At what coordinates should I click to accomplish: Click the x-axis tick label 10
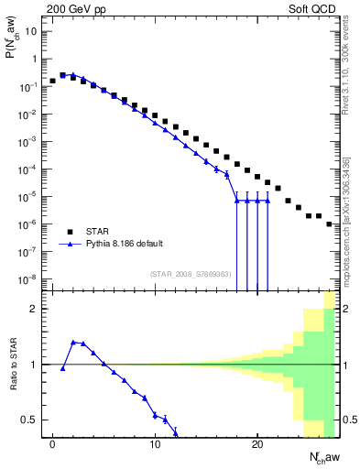coord(155,445)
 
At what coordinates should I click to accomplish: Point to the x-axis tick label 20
coord(257,445)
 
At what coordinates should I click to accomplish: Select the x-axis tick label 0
coord(52,445)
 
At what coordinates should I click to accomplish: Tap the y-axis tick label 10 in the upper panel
coord(31,31)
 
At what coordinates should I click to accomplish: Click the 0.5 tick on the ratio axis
coord(28,420)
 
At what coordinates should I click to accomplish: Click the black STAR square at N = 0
coord(52,81)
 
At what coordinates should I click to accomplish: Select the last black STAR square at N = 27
coord(329,224)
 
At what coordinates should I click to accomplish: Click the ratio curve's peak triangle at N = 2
coord(73,343)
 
